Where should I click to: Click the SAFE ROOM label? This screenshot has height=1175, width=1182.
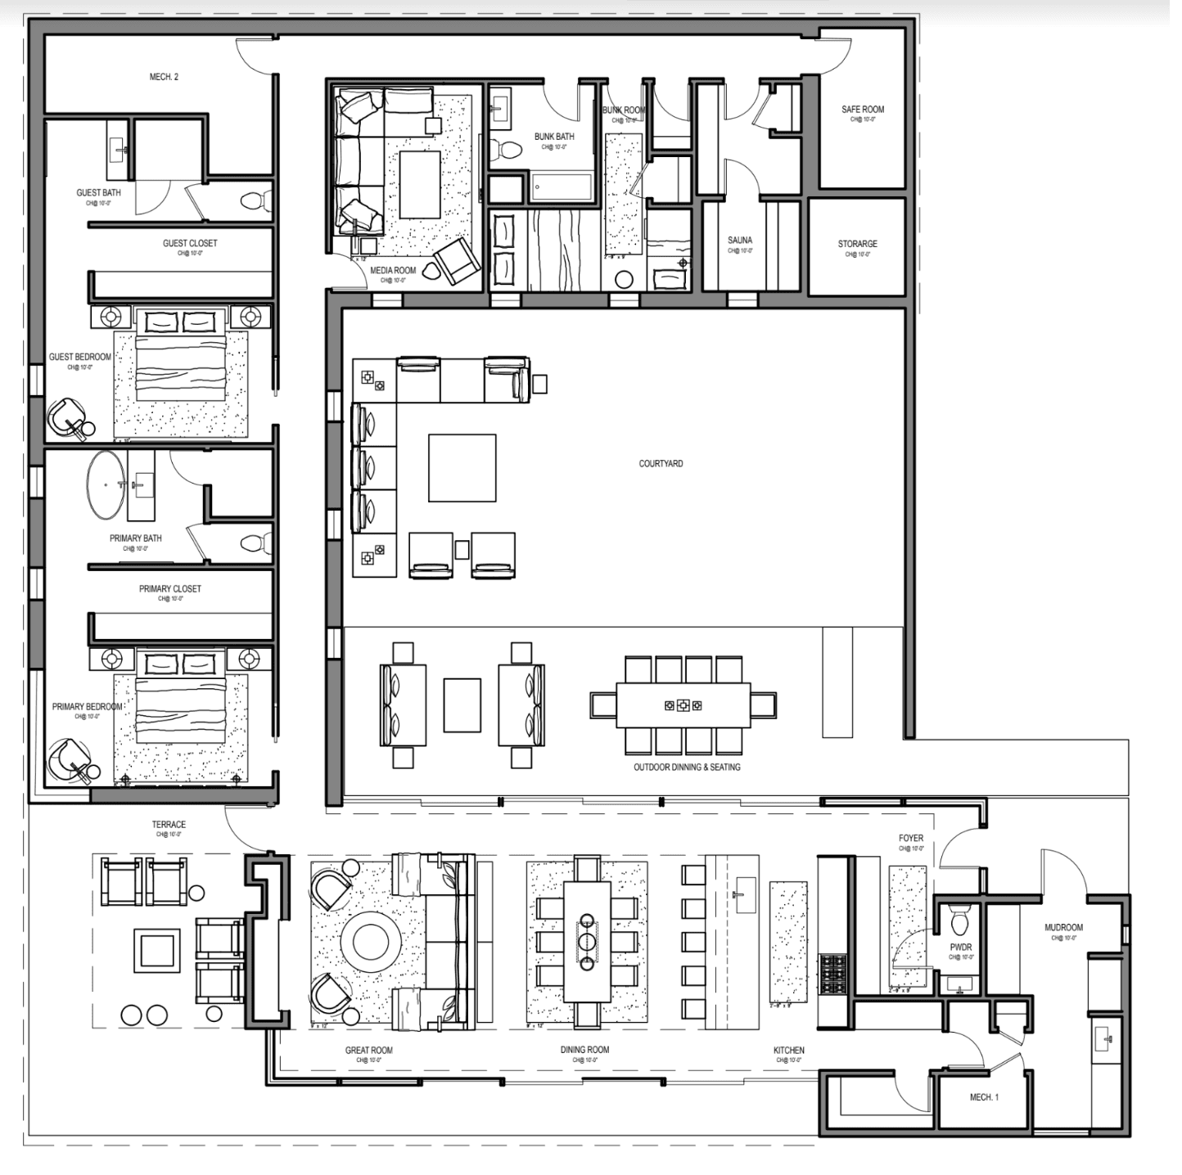click(x=862, y=110)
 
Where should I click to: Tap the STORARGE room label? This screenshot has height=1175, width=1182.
click(x=857, y=244)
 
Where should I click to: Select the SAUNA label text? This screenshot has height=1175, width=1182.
click(x=739, y=241)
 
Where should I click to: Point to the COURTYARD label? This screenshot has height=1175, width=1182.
click(x=661, y=464)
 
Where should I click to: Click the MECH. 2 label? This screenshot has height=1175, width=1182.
click(x=164, y=77)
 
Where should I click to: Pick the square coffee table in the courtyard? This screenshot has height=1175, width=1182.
click(x=462, y=468)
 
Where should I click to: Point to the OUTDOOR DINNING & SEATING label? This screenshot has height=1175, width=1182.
click(x=687, y=768)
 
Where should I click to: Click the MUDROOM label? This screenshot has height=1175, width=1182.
click(x=1063, y=928)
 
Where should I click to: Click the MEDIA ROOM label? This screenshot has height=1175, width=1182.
click(x=393, y=271)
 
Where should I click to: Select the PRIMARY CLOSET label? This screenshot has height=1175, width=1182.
click(x=169, y=589)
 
